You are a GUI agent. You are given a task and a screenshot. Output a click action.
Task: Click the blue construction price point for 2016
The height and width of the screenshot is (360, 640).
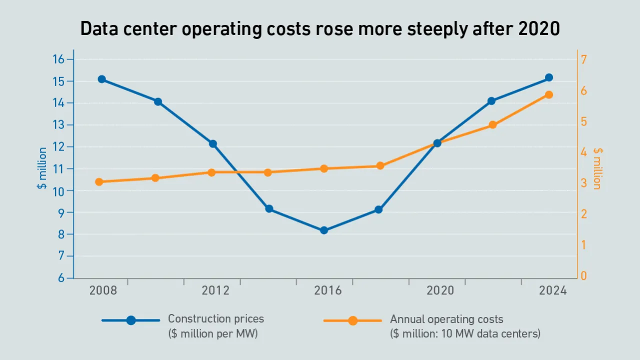(324, 230)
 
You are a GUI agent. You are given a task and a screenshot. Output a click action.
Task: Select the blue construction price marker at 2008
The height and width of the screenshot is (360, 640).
(101, 79)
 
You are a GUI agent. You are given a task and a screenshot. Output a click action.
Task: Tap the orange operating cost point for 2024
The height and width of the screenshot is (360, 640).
(548, 94)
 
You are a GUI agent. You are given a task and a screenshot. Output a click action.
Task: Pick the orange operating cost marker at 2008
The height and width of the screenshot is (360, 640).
(99, 182)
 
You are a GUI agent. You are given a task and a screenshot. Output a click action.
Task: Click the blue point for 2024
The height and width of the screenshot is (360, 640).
(548, 77)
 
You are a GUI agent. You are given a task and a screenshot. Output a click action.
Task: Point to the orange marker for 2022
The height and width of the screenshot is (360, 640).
(492, 125)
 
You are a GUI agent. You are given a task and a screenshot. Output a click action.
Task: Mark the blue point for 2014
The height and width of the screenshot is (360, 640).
(269, 208)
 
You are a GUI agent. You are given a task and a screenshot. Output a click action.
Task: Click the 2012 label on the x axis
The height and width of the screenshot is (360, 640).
(215, 291)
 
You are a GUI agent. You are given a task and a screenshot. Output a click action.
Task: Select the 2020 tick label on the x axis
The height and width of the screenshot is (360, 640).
(440, 291)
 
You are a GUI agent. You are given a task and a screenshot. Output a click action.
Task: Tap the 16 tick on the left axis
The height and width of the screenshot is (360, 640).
(59, 59)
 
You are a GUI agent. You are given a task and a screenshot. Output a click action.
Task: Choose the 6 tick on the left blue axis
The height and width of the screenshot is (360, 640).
(61, 278)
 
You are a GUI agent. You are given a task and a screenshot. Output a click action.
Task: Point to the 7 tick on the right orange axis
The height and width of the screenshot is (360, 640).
(583, 59)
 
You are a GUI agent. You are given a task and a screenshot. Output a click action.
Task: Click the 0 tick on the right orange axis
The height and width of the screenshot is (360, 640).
(583, 276)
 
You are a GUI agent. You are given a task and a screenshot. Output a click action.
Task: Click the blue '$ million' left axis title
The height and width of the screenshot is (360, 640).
(42, 168)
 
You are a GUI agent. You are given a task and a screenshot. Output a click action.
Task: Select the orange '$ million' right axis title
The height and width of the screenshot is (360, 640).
(597, 168)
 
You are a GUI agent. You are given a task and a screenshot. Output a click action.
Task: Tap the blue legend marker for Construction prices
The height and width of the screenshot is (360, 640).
(131, 320)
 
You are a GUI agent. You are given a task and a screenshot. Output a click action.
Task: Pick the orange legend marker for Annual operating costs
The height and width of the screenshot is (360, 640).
(352, 320)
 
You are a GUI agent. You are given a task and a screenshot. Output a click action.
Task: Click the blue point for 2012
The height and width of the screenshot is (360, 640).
(213, 143)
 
